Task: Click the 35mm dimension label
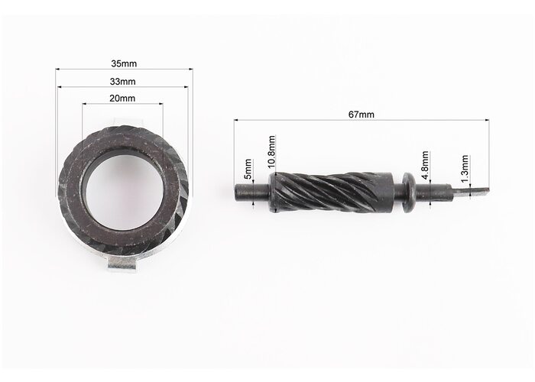(x=124, y=63)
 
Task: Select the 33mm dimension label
(x=122, y=82)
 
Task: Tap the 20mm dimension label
(x=122, y=99)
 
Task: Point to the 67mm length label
(x=361, y=115)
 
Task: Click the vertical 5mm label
(x=248, y=169)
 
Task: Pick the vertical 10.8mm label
(x=271, y=152)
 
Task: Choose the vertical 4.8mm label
(x=425, y=165)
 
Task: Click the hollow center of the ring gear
(x=123, y=193)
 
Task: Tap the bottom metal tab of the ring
(x=122, y=264)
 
